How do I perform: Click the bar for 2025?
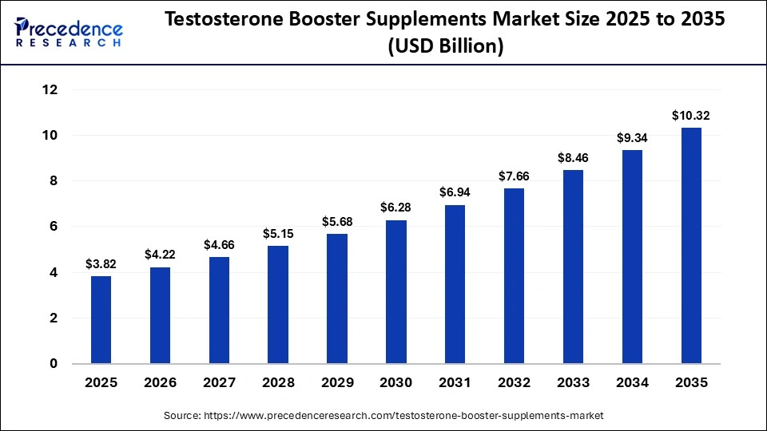101,319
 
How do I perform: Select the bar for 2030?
395,291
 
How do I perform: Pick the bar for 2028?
277,304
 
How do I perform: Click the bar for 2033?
573,267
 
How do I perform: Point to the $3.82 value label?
101,263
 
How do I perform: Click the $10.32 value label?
690,116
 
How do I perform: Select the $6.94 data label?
455,192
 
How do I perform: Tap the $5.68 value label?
336,221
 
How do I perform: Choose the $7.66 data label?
514,176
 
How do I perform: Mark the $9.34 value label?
631,138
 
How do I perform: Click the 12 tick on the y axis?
50,90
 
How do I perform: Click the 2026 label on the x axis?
160,383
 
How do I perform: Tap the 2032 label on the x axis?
514,383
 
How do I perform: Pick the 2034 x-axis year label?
631,383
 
